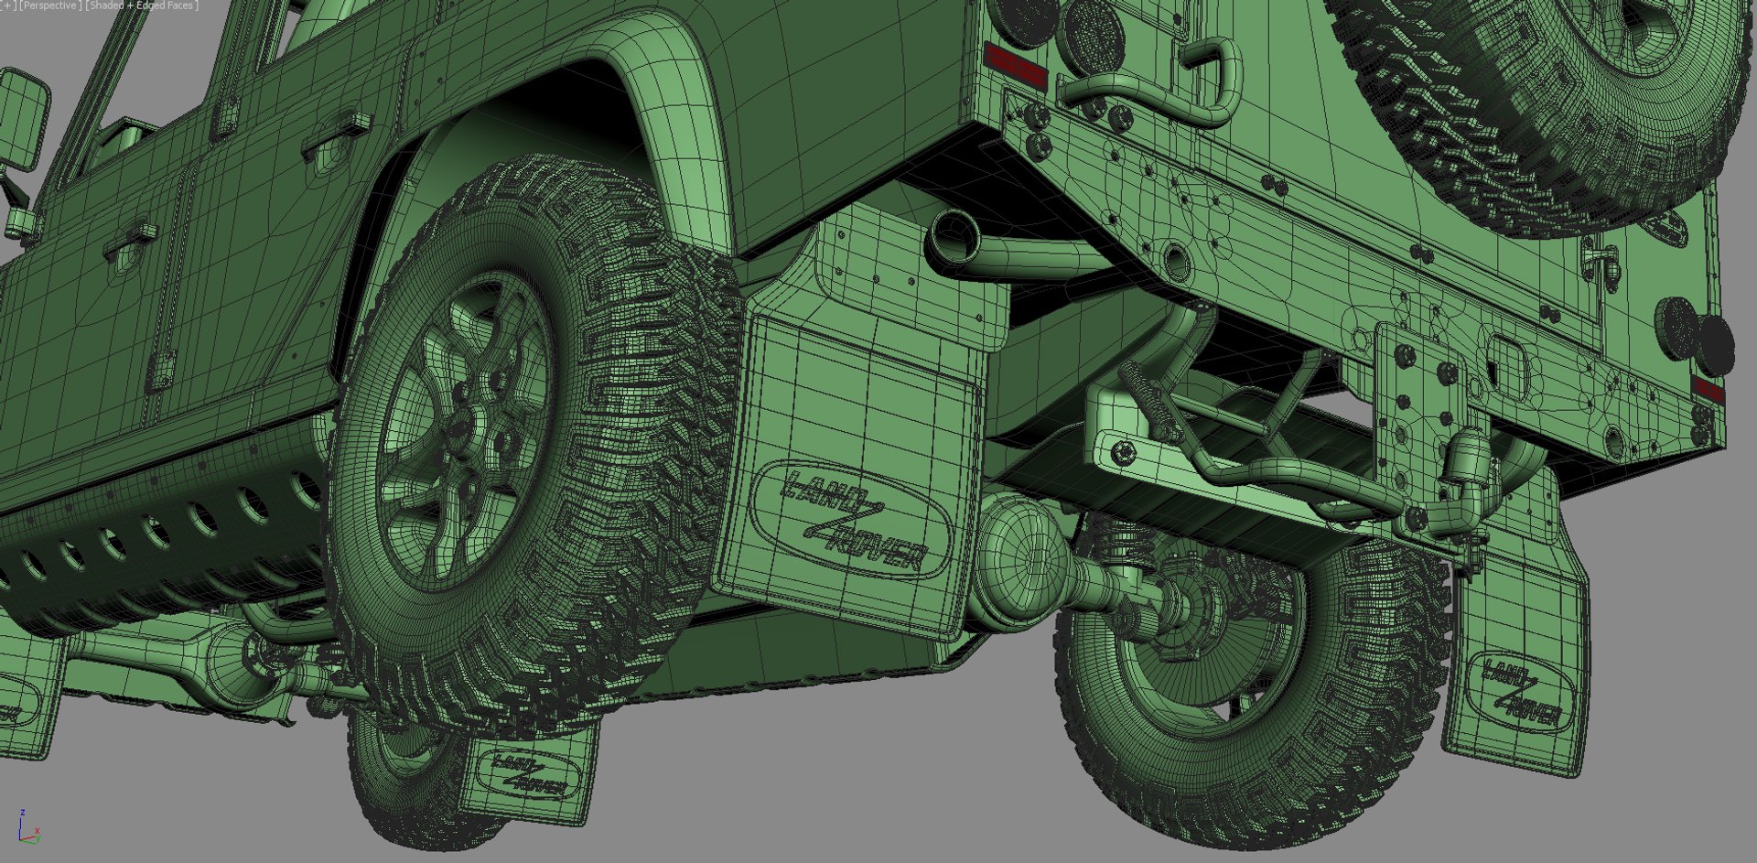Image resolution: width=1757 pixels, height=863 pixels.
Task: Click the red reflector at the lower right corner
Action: [x=1708, y=390]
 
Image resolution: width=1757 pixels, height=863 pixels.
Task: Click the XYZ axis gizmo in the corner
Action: [x=27, y=826]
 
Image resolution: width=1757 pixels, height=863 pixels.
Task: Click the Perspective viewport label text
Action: [x=51, y=5]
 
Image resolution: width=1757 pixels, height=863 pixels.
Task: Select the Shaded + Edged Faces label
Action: [x=142, y=5]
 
